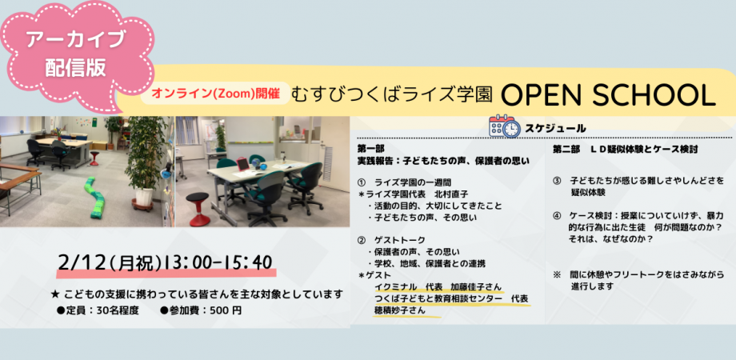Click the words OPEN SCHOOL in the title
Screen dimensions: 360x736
coord(607,94)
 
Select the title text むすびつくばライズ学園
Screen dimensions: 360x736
coord(392,94)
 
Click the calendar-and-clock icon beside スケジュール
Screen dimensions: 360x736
coord(504,127)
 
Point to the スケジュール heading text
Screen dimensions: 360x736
coord(555,128)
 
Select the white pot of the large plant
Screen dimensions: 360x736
coord(145,196)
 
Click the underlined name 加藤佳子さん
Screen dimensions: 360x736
coord(477,286)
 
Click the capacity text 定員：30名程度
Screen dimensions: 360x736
coord(101,310)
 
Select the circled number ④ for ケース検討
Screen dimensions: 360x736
coord(557,215)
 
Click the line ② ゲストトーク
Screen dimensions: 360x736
coord(392,239)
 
